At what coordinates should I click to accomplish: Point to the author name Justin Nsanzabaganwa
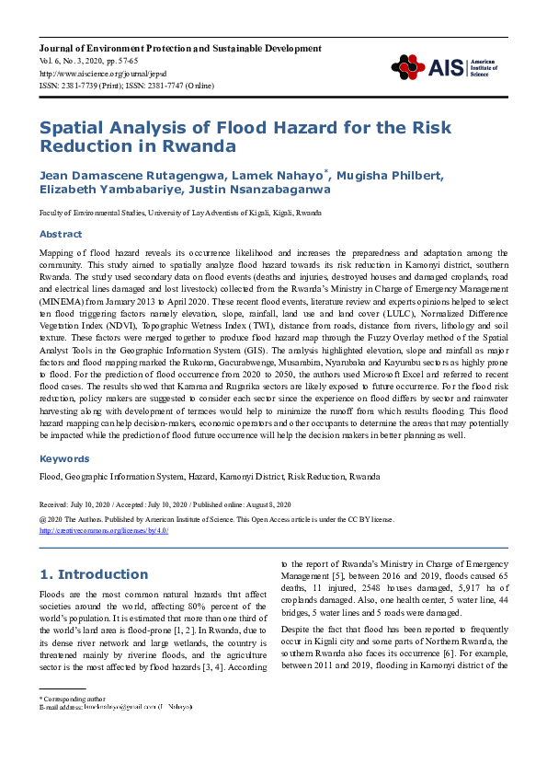point(254,190)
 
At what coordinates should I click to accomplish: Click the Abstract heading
point(61,234)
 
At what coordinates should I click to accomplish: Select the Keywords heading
point(63,458)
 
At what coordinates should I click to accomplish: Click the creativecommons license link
point(104,530)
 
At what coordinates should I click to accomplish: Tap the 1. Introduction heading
point(94,574)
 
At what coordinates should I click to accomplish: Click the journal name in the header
point(180,48)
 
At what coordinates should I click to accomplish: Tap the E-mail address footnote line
point(116,707)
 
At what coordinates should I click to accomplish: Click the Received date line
point(165,504)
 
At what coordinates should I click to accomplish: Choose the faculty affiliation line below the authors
point(180,212)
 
